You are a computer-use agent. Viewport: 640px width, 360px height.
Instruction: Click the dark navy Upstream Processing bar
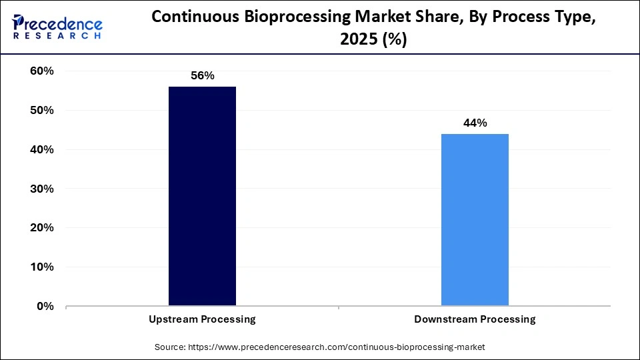[202, 196]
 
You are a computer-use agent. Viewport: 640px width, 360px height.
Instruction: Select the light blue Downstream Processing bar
[475, 220]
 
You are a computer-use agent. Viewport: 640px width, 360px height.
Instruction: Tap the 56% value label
[202, 75]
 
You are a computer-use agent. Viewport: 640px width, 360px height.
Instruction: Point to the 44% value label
[475, 123]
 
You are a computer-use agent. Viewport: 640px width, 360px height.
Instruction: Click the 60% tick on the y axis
[42, 71]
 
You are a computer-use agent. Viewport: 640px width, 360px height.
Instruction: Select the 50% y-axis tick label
[42, 110]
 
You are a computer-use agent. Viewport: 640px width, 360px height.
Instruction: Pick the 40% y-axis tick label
[42, 149]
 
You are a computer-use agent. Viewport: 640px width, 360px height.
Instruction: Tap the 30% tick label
[42, 189]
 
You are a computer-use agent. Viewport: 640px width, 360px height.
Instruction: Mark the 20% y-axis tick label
[42, 228]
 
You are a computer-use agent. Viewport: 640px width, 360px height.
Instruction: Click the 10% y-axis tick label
[42, 267]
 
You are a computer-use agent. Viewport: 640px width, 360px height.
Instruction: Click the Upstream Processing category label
[202, 319]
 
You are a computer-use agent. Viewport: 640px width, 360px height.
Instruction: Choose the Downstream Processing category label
[475, 319]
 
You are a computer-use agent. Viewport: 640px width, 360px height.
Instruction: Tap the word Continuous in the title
[197, 17]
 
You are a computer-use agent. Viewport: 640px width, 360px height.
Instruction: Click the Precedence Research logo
[57, 27]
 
